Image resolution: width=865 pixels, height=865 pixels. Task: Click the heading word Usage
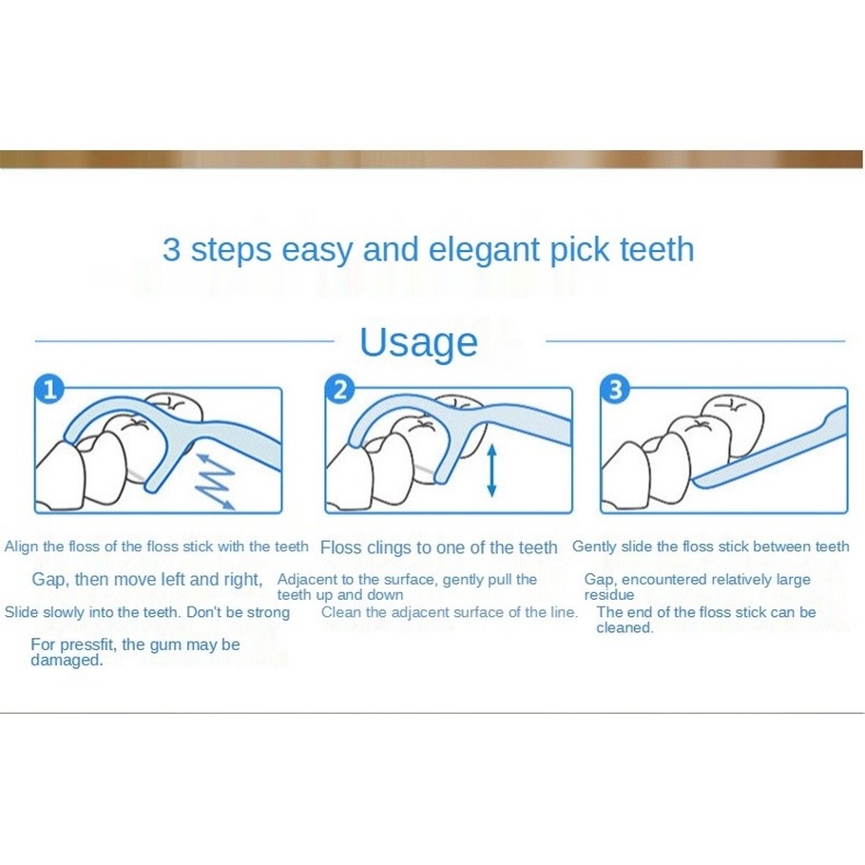click(418, 344)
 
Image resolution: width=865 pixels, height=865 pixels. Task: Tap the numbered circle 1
click(49, 389)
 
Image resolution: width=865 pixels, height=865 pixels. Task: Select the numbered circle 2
click(340, 389)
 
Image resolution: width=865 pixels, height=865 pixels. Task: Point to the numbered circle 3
click(616, 389)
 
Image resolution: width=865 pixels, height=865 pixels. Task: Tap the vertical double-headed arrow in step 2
click(491, 471)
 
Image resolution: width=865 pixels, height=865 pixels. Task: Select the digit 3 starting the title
click(171, 249)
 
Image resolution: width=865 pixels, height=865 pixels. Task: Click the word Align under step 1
click(22, 548)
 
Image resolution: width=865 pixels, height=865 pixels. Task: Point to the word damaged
click(67, 661)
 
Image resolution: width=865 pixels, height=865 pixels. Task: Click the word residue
click(609, 595)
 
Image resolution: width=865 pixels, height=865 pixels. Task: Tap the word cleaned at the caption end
click(625, 627)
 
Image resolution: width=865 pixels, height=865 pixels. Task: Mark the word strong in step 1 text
click(268, 613)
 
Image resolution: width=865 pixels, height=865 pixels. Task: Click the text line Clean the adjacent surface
click(449, 612)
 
